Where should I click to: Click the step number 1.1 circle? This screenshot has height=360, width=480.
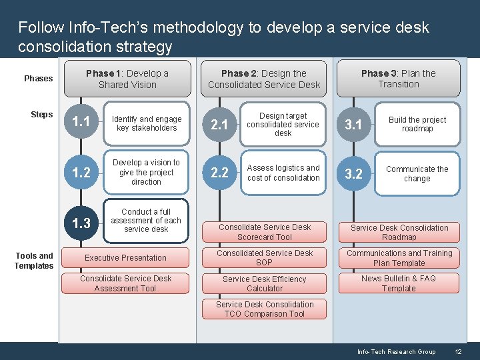pos(81,121)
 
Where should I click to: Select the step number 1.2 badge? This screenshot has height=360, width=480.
pos(81,173)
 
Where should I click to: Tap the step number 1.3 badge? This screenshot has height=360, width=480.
pos(81,223)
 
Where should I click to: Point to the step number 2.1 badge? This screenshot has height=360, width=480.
pos(219,125)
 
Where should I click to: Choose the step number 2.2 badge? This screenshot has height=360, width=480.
pos(219,173)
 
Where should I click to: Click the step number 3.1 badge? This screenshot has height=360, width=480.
pos(353,125)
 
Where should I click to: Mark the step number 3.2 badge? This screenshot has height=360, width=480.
pos(353,174)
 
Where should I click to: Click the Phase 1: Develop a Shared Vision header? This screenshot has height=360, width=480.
pos(127,79)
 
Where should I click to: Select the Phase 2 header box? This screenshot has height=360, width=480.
pos(264,79)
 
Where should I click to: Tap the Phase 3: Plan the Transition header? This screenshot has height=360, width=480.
pos(399,79)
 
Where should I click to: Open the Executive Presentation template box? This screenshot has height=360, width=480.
pos(125,258)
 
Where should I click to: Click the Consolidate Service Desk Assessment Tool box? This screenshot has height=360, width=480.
pos(125,283)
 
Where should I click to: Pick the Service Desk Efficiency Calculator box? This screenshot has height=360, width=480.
pos(265,284)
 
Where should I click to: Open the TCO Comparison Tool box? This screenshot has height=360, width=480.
pos(265,309)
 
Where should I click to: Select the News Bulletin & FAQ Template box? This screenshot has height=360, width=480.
pos(399,283)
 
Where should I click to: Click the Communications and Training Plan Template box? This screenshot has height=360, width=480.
pos(399,258)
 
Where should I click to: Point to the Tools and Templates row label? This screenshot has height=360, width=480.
pos(34,261)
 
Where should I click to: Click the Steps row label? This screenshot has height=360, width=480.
pos(41,115)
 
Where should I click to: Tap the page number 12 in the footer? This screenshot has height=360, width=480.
pos(458,351)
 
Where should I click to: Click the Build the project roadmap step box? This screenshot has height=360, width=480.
pos(417,124)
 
